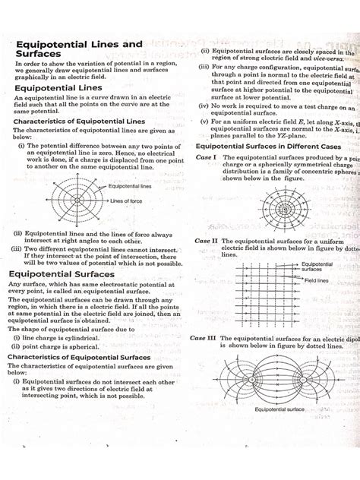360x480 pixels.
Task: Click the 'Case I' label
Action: coord(207,157)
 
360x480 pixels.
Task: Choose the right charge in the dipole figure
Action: coord(304,377)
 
